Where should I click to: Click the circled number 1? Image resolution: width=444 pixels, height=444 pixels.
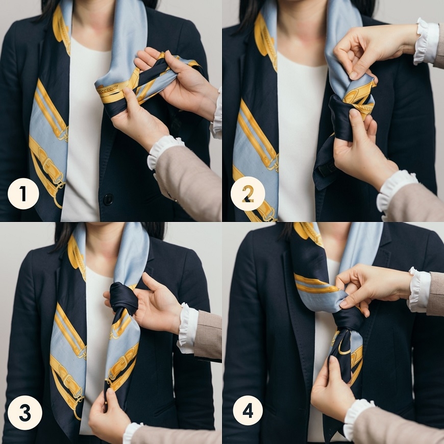23,194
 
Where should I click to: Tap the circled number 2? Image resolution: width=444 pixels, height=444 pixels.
248,194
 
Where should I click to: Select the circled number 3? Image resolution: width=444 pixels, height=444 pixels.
25,412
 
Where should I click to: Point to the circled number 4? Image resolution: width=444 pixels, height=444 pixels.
248,410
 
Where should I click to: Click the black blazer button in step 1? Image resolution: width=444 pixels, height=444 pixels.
109,200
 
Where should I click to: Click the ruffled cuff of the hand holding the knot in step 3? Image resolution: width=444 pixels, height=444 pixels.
187,328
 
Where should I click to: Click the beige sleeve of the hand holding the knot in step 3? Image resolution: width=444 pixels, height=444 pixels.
208,335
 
